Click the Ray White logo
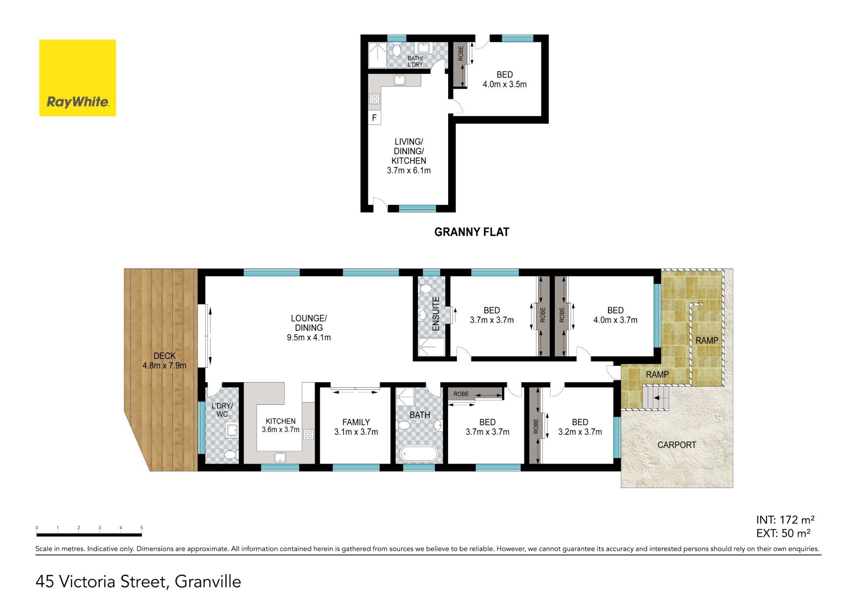(77, 78)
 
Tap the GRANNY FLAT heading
(472, 232)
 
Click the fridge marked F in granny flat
(374, 118)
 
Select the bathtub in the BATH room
(419, 454)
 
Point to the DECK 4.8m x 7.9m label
(164, 361)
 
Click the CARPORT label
(677, 445)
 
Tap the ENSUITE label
(436, 314)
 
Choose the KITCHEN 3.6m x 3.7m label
(280, 425)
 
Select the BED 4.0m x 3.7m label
(615, 315)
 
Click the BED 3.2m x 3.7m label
(580, 427)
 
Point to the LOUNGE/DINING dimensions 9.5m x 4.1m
(309, 338)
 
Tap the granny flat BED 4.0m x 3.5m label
(505, 79)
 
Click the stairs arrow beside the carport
(657, 398)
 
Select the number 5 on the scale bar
(141, 528)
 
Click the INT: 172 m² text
(785, 520)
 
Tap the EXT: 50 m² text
(783, 533)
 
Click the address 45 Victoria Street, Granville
(139, 582)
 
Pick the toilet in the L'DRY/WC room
(230, 455)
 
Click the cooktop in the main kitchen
(308, 434)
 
